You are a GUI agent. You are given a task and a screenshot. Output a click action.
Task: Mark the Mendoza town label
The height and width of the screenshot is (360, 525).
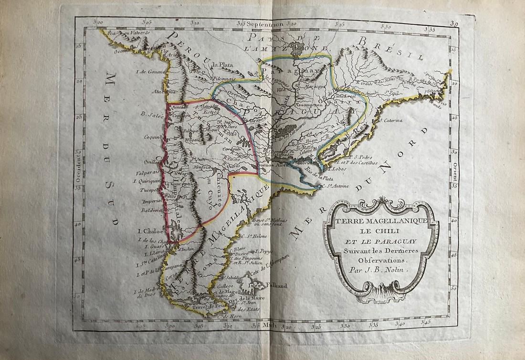click(x=202, y=168)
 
